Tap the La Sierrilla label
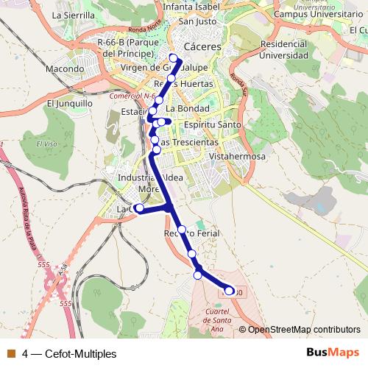[74, 14]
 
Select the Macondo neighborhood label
[65, 68]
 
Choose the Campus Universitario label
[308, 14]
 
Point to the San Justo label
[197, 21]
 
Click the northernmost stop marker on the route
[174, 58]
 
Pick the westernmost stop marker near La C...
[139, 208]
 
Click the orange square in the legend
[11, 353]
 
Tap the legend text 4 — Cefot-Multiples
[69, 353]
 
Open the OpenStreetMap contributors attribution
[303, 330]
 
